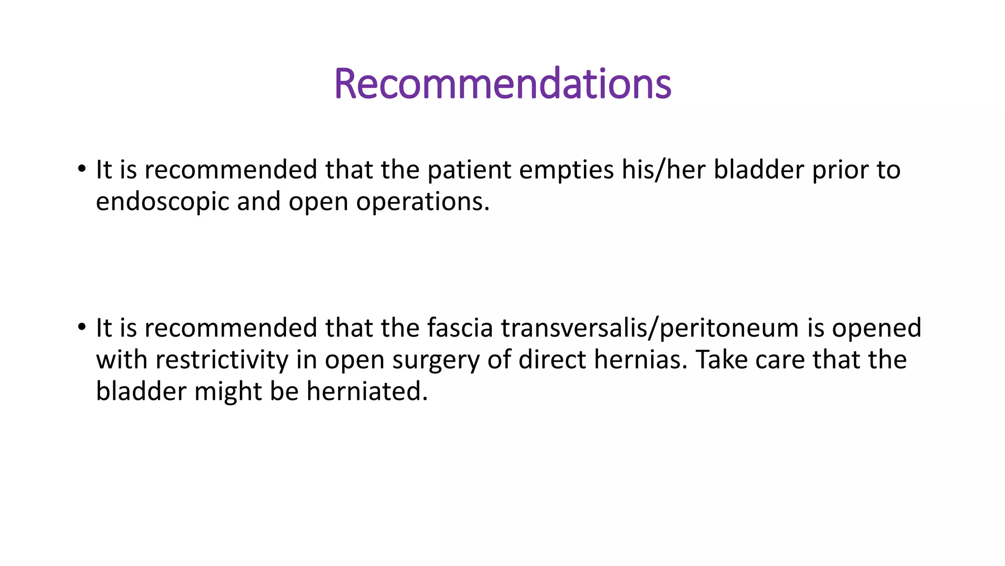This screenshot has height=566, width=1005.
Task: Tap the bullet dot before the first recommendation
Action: coord(81,170)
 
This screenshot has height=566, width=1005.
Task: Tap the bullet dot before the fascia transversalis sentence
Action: coord(81,327)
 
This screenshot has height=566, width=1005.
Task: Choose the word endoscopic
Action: coord(162,202)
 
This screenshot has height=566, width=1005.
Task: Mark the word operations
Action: coord(423,202)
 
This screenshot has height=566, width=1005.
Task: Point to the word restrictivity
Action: coord(222,360)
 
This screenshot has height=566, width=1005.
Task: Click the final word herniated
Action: coord(367,391)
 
